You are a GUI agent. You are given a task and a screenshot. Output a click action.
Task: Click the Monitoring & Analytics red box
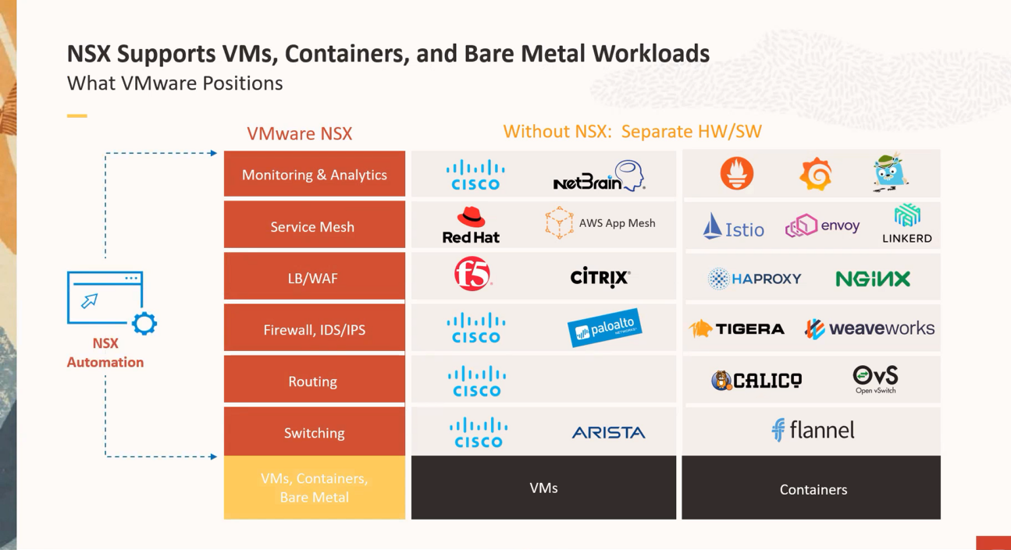coord(314,174)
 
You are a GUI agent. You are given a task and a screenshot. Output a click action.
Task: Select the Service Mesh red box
coord(314,226)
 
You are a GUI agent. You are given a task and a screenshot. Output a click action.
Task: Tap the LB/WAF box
coord(314,278)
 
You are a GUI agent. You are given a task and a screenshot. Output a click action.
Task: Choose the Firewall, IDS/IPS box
coord(314,329)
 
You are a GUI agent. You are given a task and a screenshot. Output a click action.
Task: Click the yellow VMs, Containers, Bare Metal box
coord(314,488)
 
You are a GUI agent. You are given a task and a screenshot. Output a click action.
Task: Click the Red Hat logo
coord(471,225)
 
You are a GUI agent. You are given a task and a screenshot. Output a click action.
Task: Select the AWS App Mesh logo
coord(600,223)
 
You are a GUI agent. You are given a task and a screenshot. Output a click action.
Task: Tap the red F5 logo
coord(472,275)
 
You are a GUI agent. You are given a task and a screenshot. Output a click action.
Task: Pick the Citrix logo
coord(600,277)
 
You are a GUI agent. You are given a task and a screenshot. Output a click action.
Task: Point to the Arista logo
coord(608,432)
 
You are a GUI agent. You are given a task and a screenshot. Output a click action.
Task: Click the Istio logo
coord(734,227)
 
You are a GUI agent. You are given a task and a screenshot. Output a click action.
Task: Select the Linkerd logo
coord(906,224)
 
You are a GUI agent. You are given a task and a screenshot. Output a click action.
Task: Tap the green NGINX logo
coord(872,279)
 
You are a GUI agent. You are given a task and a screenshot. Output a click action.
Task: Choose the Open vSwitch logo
coord(875,379)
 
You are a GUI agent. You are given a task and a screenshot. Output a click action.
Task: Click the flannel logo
coord(813,430)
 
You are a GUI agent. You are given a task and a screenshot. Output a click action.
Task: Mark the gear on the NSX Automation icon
coord(144,323)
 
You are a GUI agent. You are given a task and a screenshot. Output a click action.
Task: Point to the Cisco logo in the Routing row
coord(476,381)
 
